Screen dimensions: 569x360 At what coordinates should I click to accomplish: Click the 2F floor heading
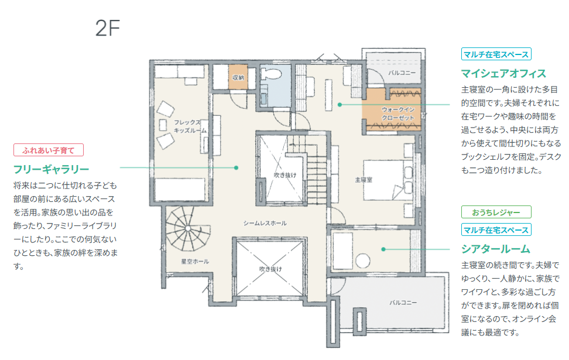[x=107, y=28]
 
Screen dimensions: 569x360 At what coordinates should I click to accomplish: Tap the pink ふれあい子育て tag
[x=49, y=150]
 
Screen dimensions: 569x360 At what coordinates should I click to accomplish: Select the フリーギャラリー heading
[x=51, y=169]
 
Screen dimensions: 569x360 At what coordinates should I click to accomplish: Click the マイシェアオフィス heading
[x=503, y=74]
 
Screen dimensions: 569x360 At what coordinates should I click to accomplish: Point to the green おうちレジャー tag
[x=496, y=212]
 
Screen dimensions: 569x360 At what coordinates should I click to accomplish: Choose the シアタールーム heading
[x=496, y=249]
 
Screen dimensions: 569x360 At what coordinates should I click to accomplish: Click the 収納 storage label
[x=238, y=77]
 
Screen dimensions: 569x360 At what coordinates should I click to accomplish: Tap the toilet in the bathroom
[x=271, y=74]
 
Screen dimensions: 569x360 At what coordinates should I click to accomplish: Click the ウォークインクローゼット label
[x=397, y=114]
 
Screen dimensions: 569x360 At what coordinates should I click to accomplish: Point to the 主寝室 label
[x=364, y=180]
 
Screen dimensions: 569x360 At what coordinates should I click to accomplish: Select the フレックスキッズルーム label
[x=190, y=126]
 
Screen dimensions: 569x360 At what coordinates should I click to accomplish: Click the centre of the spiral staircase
[x=187, y=228]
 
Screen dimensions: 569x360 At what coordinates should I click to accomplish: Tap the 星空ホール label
[x=195, y=261]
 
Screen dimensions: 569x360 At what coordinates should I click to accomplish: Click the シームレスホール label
[x=265, y=223]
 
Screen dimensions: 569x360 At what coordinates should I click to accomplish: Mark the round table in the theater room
[x=362, y=260]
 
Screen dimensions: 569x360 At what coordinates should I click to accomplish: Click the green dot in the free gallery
[x=236, y=167]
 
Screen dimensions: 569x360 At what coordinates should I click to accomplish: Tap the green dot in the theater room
[x=383, y=249]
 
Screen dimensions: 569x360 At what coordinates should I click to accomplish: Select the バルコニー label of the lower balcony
[x=403, y=302]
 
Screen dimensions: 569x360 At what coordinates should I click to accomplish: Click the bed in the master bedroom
[x=388, y=180]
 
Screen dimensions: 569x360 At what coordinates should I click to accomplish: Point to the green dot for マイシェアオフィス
[x=340, y=105]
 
